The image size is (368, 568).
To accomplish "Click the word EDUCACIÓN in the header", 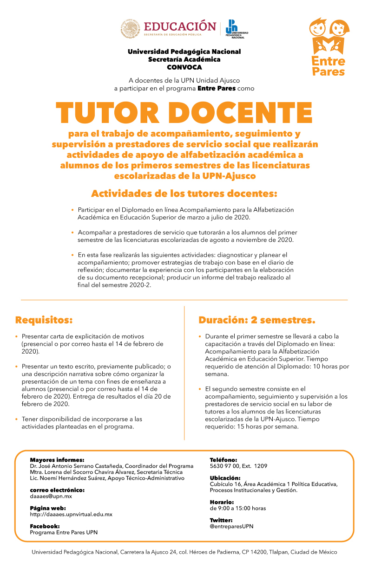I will tap(180, 26).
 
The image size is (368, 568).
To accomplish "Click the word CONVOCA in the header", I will tap(184, 67).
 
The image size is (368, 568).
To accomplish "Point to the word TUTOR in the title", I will tap(106, 112).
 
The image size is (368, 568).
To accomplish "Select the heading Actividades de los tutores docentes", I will tap(184, 193).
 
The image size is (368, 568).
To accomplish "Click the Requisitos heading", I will tap(44, 320).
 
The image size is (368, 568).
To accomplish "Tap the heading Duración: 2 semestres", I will tap(257, 320).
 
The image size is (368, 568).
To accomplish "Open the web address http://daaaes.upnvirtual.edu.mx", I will tap(71, 514).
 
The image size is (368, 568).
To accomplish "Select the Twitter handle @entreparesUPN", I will tap(231, 526).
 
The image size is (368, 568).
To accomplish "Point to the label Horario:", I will tap(222, 502).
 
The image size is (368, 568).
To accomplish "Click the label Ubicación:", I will tap(225, 478).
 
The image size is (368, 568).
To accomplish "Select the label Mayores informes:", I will tap(57, 460).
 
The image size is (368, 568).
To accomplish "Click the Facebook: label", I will tap(45, 526).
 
